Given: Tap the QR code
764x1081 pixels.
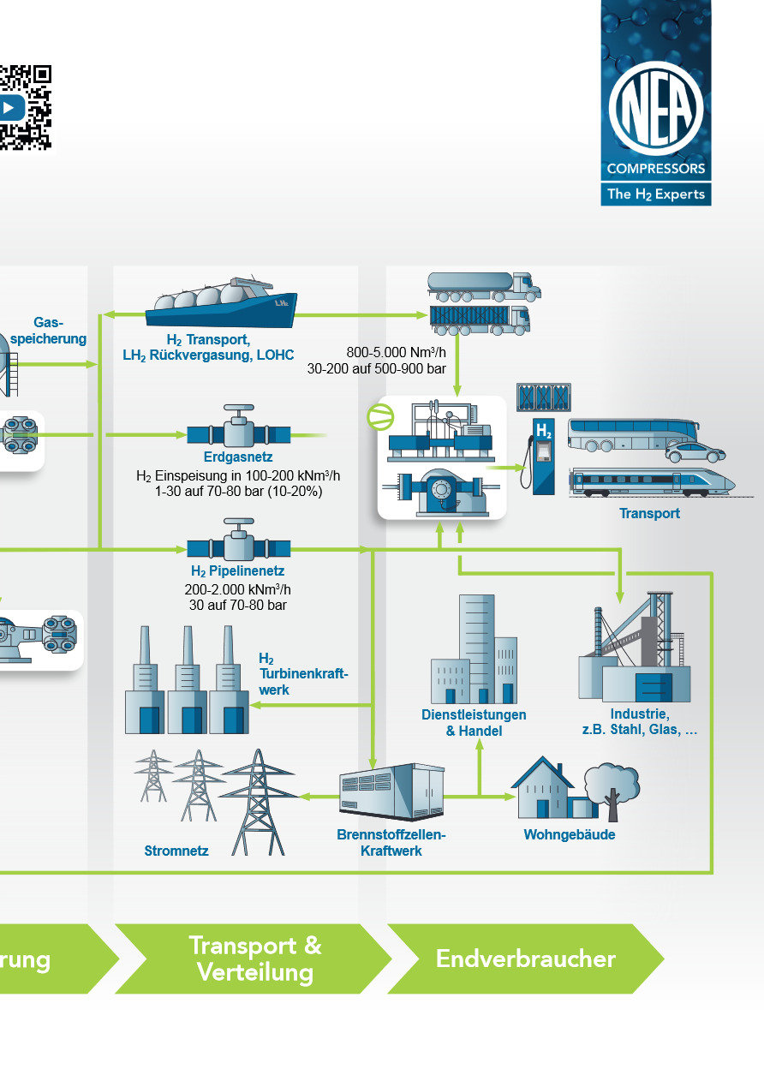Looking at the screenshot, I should (x=24, y=108).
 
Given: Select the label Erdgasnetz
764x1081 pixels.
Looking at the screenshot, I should (x=238, y=457).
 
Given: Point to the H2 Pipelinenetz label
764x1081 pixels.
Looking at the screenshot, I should (x=238, y=570).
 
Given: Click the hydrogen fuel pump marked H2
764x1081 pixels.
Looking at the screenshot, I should (x=543, y=455).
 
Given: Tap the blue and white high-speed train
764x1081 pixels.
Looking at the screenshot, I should (x=653, y=481).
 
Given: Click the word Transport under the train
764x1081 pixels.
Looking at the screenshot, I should (x=649, y=514).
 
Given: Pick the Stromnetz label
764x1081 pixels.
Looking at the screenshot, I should (x=176, y=851).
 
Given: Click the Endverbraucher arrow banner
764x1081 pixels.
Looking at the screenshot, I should (x=525, y=959).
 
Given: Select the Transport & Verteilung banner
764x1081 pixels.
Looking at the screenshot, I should (x=254, y=959).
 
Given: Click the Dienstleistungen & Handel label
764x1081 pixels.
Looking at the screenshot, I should (x=474, y=723).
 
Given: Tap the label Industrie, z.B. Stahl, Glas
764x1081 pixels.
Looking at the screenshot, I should (x=639, y=722).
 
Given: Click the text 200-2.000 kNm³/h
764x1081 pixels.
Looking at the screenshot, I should (x=238, y=589).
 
